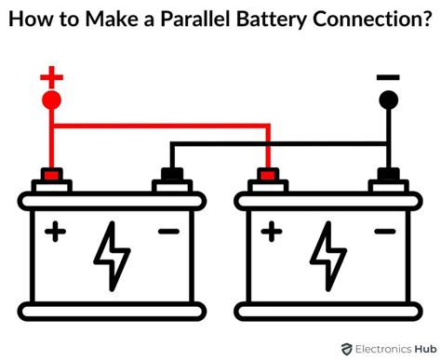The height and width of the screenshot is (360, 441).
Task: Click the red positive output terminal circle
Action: [x=52, y=100]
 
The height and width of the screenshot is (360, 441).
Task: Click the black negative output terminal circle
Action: [x=388, y=100]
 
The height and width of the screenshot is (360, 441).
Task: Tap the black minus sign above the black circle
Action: [x=388, y=78]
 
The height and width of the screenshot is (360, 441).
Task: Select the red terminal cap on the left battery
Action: [x=52, y=174]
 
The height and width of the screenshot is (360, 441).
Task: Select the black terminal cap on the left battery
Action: [x=170, y=174]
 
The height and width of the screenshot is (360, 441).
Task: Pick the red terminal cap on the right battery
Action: [x=269, y=174]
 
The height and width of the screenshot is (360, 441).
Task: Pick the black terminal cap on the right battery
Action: [x=388, y=174]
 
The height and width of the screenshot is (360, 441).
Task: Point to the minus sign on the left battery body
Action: [x=168, y=231]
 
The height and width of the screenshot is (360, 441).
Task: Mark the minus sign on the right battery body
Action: [x=385, y=231]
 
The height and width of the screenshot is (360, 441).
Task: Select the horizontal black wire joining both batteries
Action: [x=279, y=144]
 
